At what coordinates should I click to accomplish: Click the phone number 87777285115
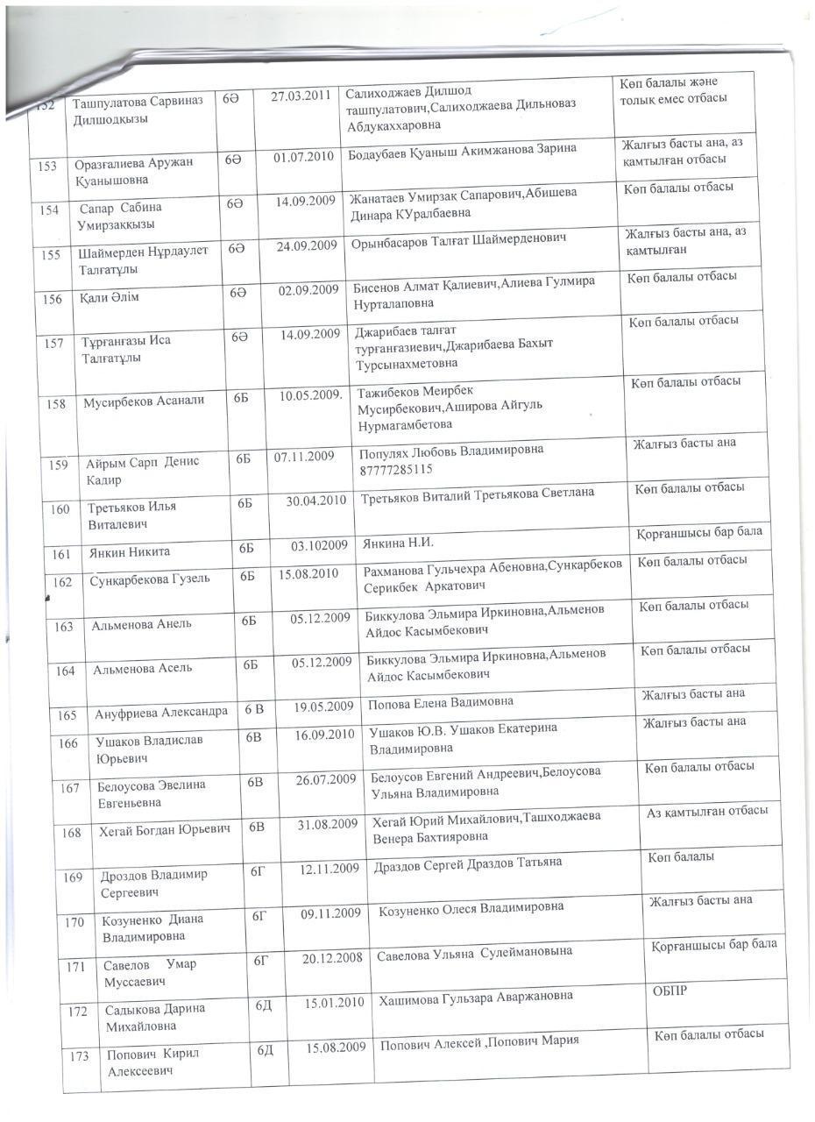pyautogui.click(x=395, y=469)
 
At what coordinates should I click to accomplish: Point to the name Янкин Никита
pyautogui.click(x=128, y=552)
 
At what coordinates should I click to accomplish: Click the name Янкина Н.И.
pyautogui.click(x=399, y=543)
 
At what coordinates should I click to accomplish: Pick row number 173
pyautogui.click(x=79, y=1056)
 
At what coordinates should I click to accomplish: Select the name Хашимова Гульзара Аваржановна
pyautogui.click(x=475, y=997)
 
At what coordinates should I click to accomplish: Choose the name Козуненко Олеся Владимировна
pyautogui.click(x=471, y=908)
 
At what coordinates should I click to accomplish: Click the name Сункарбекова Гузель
pyautogui.click(x=150, y=579)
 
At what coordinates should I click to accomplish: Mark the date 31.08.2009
pyautogui.click(x=327, y=824)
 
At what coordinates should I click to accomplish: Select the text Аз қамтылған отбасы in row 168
pyautogui.click(x=707, y=811)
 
